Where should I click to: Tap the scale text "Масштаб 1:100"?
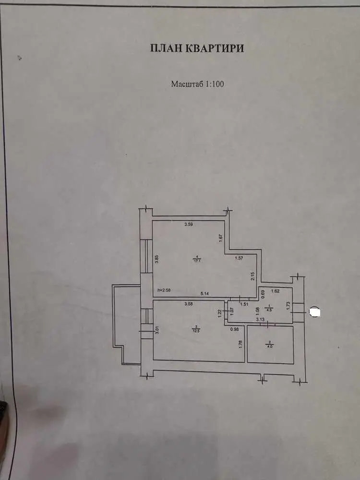tap(198, 84)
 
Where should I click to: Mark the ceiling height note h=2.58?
tap(165, 290)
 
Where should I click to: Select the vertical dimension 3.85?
tap(156, 259)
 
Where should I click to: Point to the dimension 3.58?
tap(191, 304)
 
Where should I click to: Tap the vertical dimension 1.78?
tap(240, 343)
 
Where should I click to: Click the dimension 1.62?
tap(276, 291)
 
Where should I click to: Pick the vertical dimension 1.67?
tap(220, 237)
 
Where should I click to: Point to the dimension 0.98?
tap(235, 329)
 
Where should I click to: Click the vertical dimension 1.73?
tap(288, 306)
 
